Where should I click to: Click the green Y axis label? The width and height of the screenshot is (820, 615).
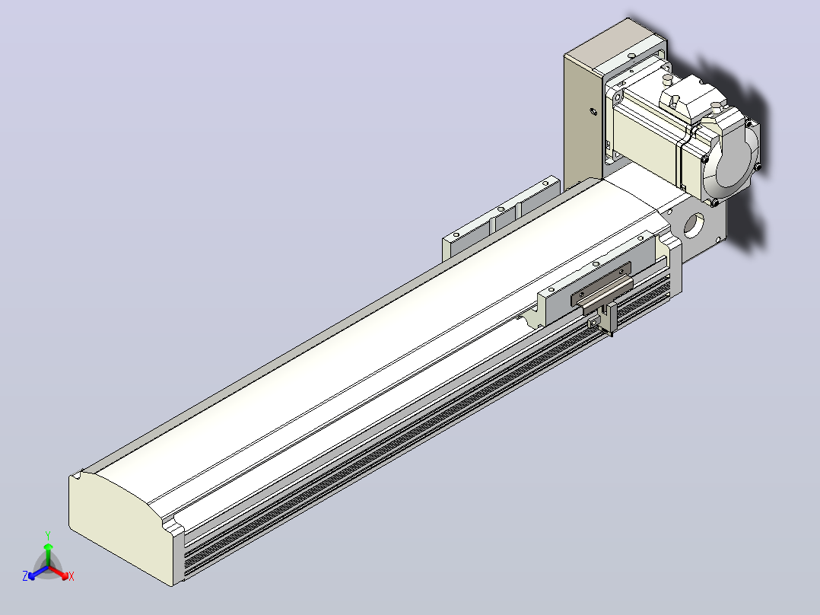pos(48,535)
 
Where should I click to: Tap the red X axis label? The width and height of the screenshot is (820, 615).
pos(72,576)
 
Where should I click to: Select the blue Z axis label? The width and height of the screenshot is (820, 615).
pos(25,575)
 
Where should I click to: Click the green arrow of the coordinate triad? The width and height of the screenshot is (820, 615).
pos(48,554)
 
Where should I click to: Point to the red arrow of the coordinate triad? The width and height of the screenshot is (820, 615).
pos(59,572)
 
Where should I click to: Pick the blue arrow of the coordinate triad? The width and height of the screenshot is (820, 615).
pos(38,572)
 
